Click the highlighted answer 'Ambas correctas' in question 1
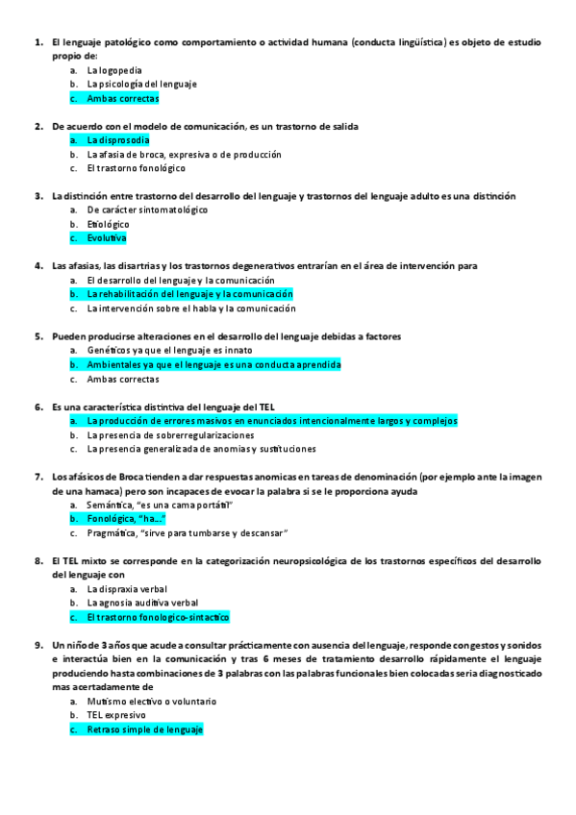pyautogui.click(x=122, y=98)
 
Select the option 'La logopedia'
pyautogui.click(x=114, y=70)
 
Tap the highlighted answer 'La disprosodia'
pyautogui.click(x=117, y=140)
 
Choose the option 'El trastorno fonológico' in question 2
pyautogui.click(x=136, y=168)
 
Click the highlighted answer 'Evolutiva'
pyautogui.click(x=106, y=238)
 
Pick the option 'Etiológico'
pyautogui.click(x=108, y=224)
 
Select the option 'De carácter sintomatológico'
pyautogui.click(x=146, y=210)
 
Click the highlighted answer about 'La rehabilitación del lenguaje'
pyautogui.click(x=189, y=294)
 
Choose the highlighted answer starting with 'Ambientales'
pyautogui.click(x=213, y=365)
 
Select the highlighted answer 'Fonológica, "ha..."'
pyautogui.click(x=126, y=519)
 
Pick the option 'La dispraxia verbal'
pyautogui.click(x=127, y=589)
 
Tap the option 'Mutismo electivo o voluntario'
pyautogui.click(x=151, y=702)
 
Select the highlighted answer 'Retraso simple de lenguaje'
pyautogui.click(x=144, y=729)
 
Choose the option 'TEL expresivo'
pyautogui.click(x=116, y=716)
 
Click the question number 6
pyautogui.click(x=38, y=407)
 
